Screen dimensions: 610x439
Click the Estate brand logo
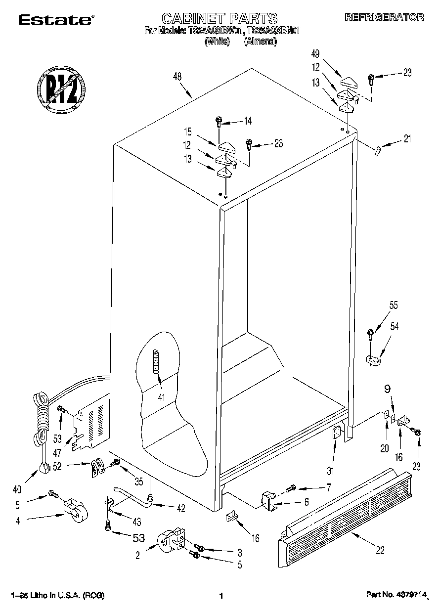click(x=55, y=20)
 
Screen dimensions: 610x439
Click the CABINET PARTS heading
click(x=219, y=19)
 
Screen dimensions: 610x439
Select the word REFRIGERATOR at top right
click(x=384, y=17)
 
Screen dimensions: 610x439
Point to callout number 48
click(x=177, y=77)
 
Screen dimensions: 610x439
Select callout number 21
click(x=407, y=139)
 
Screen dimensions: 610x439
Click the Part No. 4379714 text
click(x=395, y=596)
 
